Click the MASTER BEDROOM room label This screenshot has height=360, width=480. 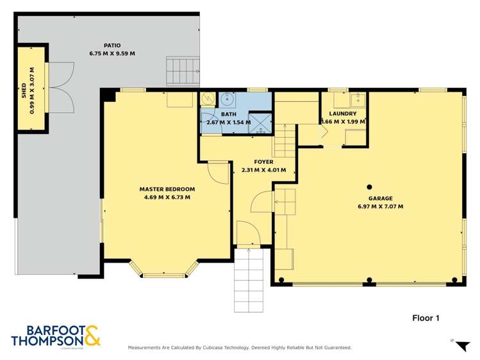(167, 189)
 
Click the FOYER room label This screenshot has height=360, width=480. (263, 162)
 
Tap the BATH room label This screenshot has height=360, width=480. (229, 114)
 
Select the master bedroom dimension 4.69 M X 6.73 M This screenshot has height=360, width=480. (167, 197)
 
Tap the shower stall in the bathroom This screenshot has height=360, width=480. (259, 122)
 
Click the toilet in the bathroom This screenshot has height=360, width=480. (208, 99)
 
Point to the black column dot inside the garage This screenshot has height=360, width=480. (370, 187)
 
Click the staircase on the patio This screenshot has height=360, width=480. (179, 70)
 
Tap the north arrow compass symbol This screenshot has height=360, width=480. (461, 347)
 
